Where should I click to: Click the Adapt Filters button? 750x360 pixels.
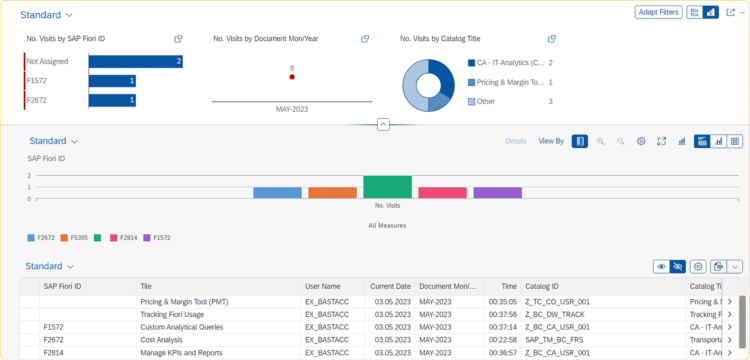point(657,13)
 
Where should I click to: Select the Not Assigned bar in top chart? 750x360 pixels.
point(135,61)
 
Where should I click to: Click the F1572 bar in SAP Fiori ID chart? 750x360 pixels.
point(112,81)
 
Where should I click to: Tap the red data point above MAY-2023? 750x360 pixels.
point(291,77)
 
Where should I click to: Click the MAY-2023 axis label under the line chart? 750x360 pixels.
point(291,109)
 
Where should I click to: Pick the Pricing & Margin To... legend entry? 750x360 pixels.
point(510,82)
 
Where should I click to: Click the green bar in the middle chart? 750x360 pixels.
point(387,187)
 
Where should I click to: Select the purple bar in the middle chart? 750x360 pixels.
point(497,192)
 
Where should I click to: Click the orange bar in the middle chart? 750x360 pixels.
point(332,192)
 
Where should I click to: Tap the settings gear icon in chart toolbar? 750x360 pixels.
point(641,142)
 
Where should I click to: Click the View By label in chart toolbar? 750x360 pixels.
point(551,142)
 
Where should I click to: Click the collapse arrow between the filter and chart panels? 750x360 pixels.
point(383,124)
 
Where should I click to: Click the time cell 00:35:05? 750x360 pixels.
point(503,301)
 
